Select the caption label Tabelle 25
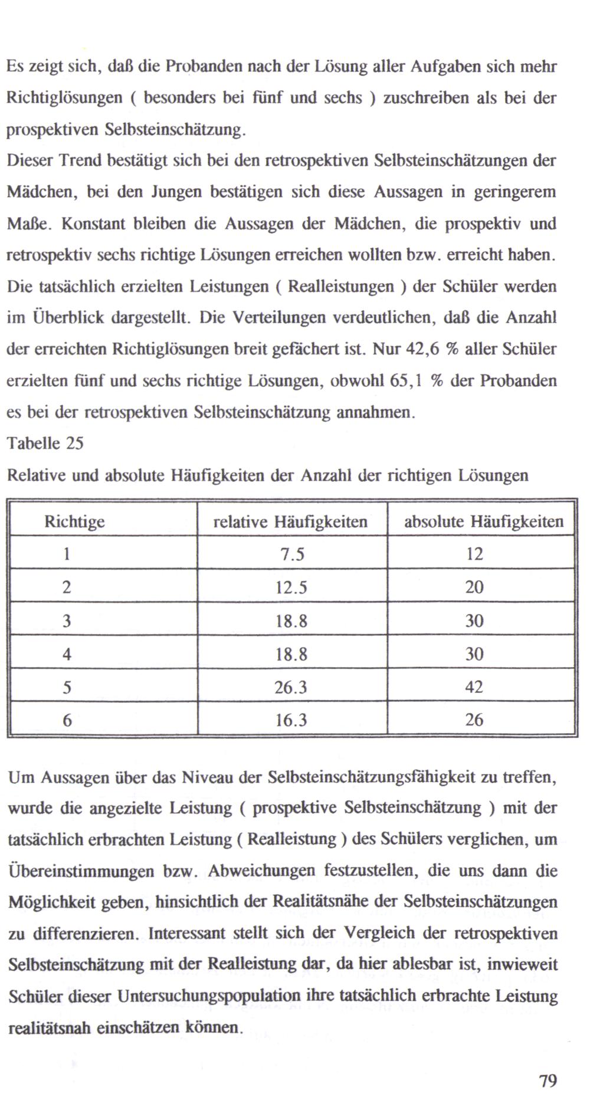[45, 443]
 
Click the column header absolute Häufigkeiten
[483, 522]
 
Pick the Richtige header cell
[75, 522]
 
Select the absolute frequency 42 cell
[474, 687]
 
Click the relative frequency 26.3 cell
[291, 687]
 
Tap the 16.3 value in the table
[291, 720]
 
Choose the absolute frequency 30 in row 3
[474, 620]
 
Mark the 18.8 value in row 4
[291, 654]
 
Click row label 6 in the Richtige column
[67, 720]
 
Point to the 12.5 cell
[291, 587]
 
